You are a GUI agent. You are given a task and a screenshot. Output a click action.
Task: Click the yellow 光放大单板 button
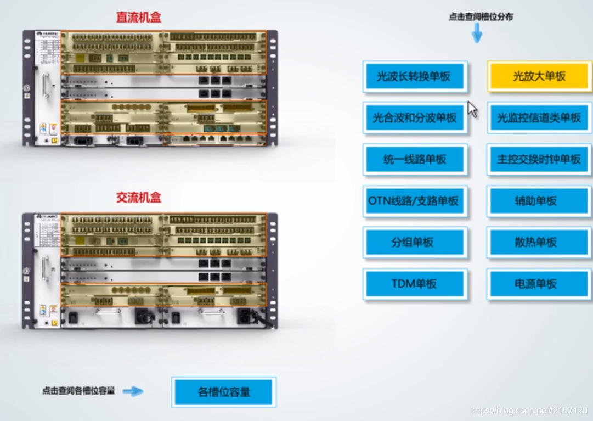pos(539,76)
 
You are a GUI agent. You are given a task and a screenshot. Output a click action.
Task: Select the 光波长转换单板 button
pos(415,76)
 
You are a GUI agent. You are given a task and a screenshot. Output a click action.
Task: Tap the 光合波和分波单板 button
pos(415,117)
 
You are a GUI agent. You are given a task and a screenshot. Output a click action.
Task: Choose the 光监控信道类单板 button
pos(539,117)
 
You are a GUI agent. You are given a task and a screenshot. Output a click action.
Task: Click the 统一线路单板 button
pos(415,159)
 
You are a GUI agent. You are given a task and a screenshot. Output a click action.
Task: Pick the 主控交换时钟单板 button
pos(539,159)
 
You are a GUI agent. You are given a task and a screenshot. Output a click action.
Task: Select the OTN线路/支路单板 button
pos(415,201)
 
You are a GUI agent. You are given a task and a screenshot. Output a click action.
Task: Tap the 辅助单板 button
pos(539,201)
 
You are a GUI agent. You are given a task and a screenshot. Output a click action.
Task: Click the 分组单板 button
pos(415,242)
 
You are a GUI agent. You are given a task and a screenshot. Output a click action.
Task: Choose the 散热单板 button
pos(539,242)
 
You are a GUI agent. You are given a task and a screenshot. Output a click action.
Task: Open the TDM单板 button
pos(415,284)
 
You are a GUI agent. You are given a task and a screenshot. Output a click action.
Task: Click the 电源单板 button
pos(539,284)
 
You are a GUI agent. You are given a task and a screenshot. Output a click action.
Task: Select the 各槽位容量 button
pos(224,392)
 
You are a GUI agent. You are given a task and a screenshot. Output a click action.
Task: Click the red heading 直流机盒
pos(139,17)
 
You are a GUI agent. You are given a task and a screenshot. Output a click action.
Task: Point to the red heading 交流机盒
pos(139,198)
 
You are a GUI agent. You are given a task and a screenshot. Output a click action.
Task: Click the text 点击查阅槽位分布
pos(481,17)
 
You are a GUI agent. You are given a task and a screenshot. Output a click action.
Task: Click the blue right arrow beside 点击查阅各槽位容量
pos(133,391)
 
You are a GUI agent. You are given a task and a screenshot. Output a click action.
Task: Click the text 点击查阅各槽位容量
pos(78,391)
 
